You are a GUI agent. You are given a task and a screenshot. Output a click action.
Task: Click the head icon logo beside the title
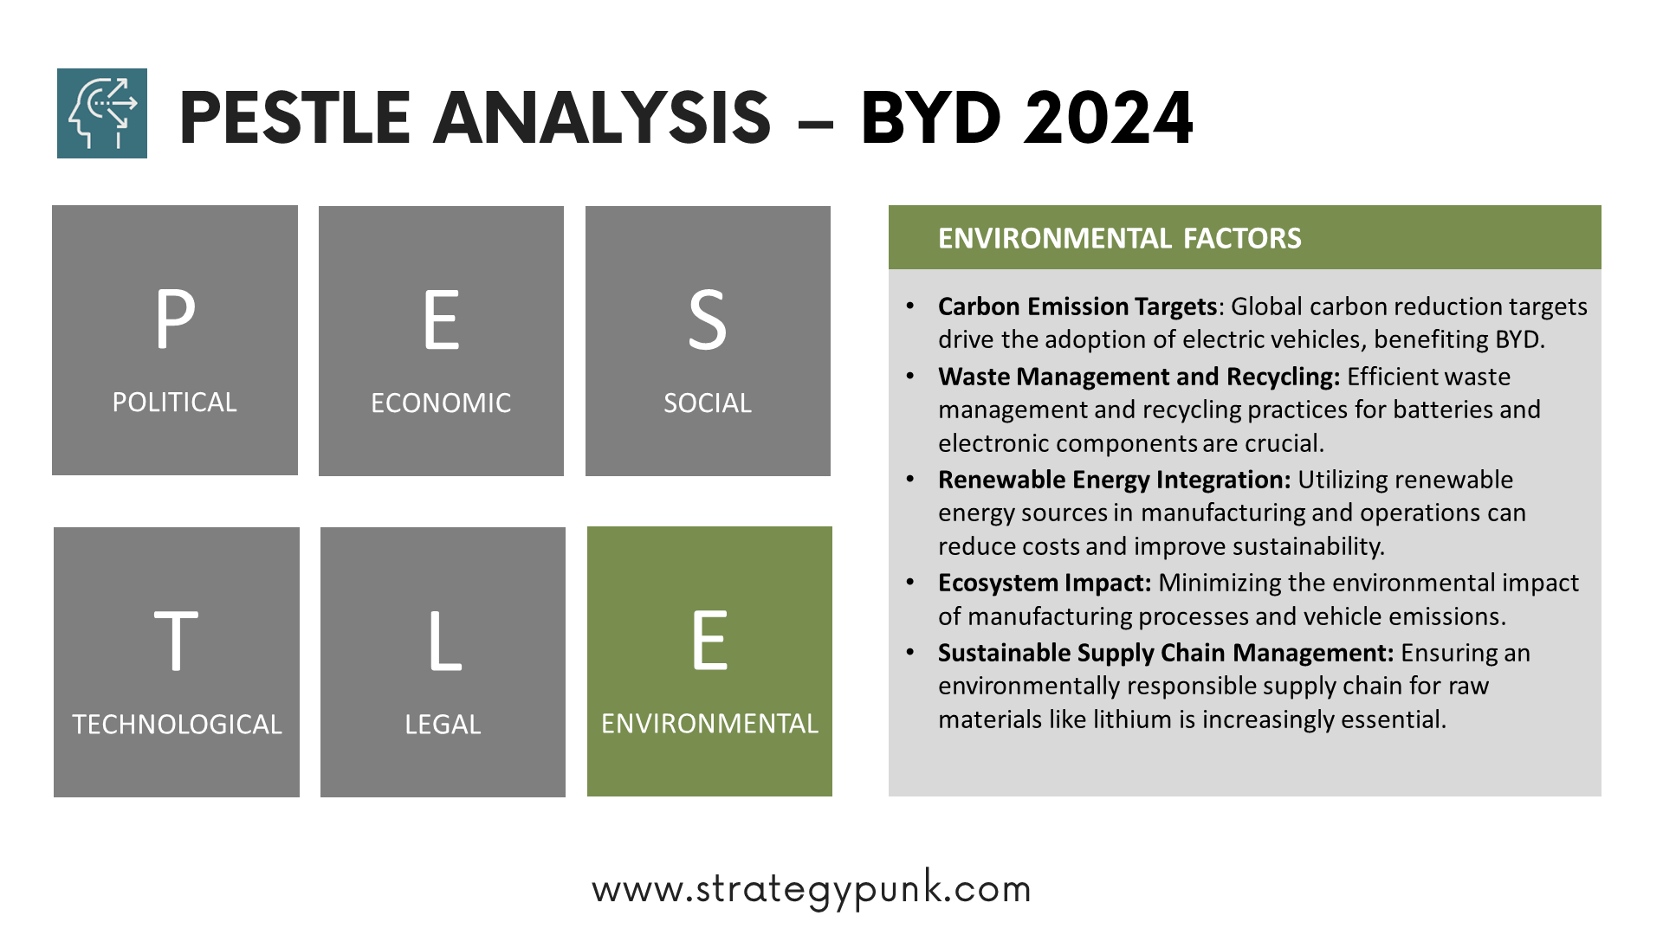point(102,113)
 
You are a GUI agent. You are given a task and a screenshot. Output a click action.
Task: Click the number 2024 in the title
point(1108,118)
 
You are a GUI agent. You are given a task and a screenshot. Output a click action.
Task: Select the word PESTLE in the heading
point(294,118)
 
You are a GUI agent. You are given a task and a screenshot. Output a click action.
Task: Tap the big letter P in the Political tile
point(175,319)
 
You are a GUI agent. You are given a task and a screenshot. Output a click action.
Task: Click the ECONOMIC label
point(441,403)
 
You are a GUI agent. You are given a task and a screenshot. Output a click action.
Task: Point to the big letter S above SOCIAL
point(708,319)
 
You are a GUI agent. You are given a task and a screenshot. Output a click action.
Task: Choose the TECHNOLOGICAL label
point(177,725)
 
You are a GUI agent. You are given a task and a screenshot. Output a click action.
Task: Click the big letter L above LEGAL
point(444,641)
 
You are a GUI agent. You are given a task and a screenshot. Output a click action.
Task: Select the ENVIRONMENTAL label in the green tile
point(709,724)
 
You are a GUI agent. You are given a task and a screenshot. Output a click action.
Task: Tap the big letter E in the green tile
point(709,641)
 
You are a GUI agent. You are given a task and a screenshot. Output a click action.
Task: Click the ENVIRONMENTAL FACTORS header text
point(1119,238)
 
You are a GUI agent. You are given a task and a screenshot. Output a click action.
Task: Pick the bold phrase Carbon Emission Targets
point(1077,306)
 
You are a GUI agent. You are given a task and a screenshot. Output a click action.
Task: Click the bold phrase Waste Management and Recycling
point(1139,377)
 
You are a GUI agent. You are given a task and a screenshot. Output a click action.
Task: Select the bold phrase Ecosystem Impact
point(1045,583)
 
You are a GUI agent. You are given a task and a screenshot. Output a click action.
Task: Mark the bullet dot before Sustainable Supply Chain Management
point(910,652)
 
